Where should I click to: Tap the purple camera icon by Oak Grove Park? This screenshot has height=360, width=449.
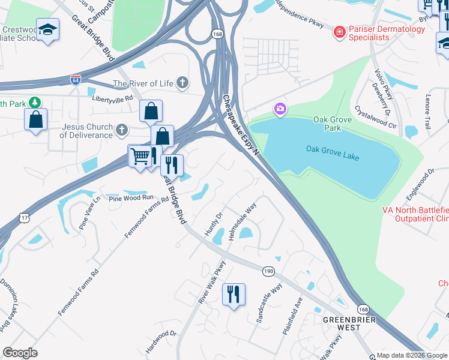click(280, 109)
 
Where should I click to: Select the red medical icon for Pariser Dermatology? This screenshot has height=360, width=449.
click(339, 31)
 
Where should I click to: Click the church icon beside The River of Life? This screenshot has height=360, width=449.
click(182, 83)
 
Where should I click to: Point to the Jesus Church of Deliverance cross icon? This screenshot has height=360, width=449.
click(122, 130)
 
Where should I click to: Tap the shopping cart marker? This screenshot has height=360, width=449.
click(139, 157)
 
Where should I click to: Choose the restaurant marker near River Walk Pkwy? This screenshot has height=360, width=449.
click(234, 294)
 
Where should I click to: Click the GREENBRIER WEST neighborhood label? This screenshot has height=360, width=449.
click(349, 323)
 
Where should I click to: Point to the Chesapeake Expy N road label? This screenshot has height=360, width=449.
click(240, 124)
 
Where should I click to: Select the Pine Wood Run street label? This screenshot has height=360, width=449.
click(131, 198)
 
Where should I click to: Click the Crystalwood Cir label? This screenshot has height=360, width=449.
click(376, 117)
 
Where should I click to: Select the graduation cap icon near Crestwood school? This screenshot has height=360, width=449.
click(47, 29)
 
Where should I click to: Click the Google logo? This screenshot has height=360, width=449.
click(20, 353)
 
